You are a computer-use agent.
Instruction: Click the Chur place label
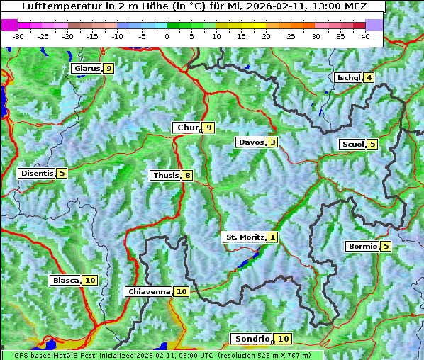(187, 128)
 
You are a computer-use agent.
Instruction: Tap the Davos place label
(251, 142)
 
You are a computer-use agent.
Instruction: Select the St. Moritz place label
(245, 237)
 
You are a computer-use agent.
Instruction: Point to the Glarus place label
(87, 69)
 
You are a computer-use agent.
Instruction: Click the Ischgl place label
(348, 77)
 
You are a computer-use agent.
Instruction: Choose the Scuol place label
(352, 145)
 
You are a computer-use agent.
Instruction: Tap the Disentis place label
(37, 173)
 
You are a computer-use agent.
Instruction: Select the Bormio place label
(362, 247)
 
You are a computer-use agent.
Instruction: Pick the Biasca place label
(65, 281)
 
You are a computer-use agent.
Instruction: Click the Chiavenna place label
(149, 291)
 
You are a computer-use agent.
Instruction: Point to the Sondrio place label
(252, 339)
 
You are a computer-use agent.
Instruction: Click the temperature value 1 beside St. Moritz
(273, 237)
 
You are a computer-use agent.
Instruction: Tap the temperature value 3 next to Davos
(272, 142)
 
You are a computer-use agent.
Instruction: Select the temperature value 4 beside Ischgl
(369, 77)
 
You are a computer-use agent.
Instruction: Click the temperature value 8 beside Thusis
(187, 175)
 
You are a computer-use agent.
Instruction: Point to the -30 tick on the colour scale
(18, 35)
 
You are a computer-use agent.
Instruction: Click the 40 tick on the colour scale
(365, 35)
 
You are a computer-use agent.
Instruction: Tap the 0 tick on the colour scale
(167, 35)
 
